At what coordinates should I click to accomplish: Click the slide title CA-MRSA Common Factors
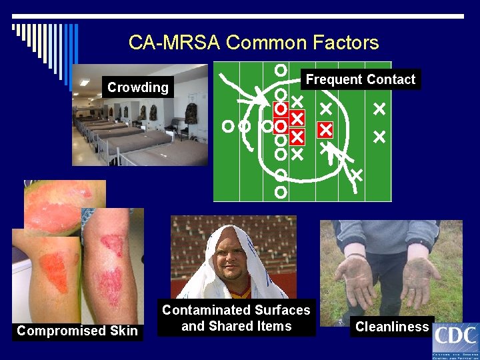pos(253,43)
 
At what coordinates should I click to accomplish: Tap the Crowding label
pos(138,87)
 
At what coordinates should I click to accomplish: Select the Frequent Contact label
pos(360,79)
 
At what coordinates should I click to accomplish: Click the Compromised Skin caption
pos(77,331)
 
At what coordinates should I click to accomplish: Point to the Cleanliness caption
pos(392,327)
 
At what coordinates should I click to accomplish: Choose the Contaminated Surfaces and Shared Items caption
pos(236,318)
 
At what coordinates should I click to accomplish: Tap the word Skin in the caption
pos(123,331)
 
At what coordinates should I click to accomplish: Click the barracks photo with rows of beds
pos(140,127)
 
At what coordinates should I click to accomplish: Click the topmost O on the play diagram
pos(281,69)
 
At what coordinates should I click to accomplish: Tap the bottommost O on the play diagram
pos(281,191)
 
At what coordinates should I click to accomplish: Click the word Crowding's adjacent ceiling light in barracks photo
pos(85,82)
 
